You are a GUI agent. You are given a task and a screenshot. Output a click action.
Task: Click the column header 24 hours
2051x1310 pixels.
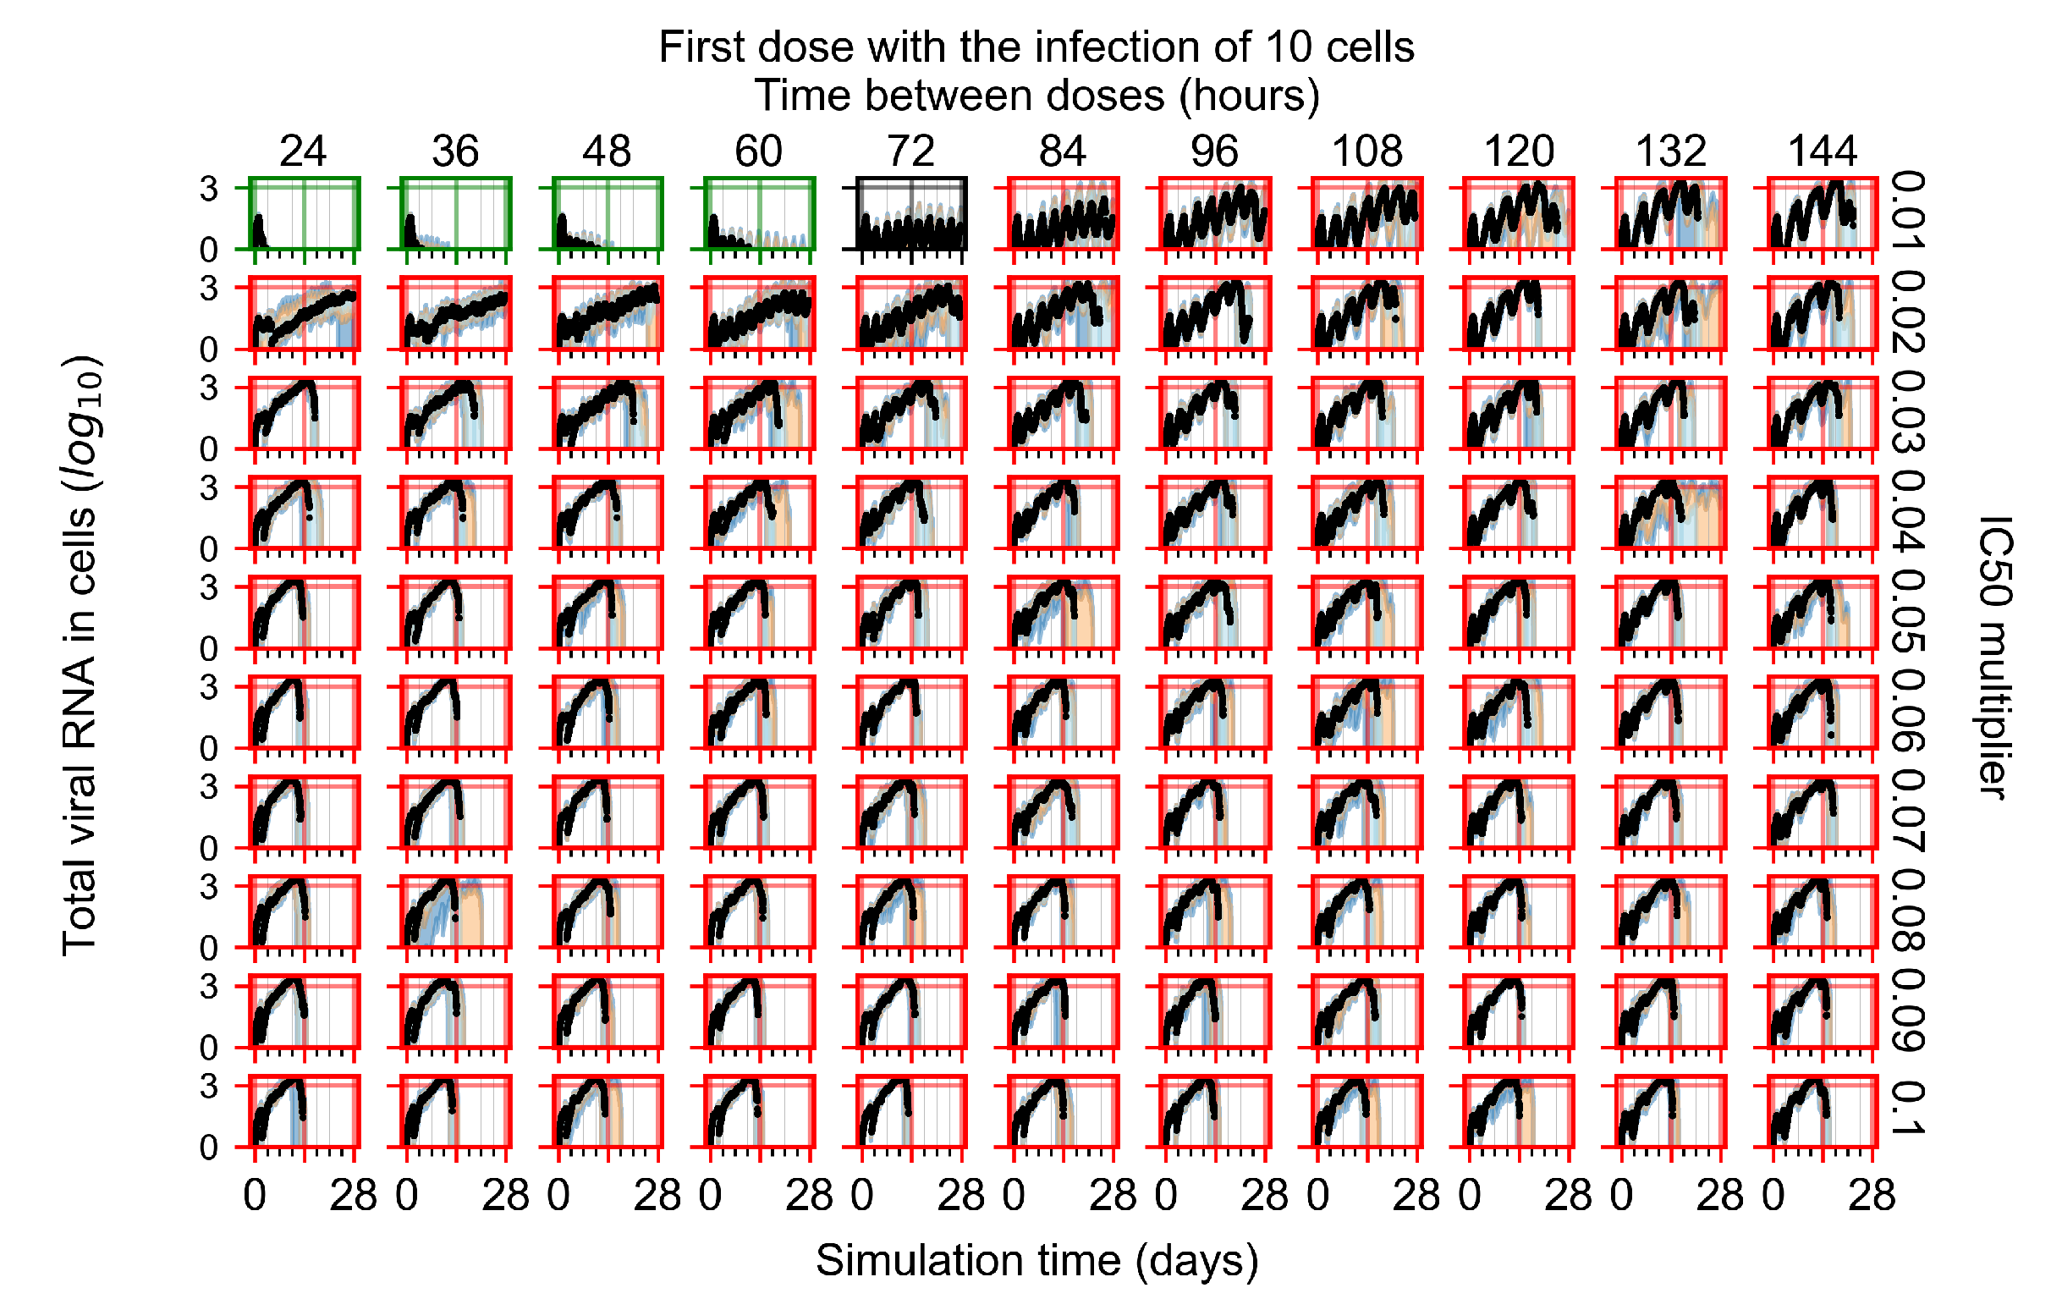[x=302, y=151]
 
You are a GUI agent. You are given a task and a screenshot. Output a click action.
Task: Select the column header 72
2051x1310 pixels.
[x=910, y=151]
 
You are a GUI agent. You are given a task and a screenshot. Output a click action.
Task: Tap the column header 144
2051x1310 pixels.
[x=1822, y=151]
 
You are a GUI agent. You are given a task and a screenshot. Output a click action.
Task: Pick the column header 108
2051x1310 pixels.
[x=1366, y=151]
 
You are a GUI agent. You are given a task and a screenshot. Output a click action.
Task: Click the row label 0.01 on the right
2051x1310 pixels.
[x=1908, y=211]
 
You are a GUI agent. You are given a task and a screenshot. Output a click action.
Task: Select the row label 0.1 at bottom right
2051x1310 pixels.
[x=1908, y=1108]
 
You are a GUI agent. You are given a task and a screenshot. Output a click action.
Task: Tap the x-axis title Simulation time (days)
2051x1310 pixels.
[x=1036, y=1261]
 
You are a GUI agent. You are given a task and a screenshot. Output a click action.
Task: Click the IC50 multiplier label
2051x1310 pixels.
[x=1993, y=656]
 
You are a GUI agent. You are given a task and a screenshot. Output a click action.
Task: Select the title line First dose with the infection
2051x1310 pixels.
[x=1036, y=47]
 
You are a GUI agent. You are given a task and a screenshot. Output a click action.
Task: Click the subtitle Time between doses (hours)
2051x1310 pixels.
[x=1036, y=96]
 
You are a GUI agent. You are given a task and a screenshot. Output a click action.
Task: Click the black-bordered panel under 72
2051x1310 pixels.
[x=910, y=214]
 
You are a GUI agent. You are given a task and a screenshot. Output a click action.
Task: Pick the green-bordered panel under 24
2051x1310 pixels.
[x=304, y=214]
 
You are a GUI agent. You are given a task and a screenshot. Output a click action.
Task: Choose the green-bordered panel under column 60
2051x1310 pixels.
[x=760, y=214]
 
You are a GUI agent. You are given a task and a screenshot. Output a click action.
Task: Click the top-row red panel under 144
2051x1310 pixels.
[x=1822, y=214]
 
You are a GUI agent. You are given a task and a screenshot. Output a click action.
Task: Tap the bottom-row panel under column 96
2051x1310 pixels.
[x=1214, y=1111]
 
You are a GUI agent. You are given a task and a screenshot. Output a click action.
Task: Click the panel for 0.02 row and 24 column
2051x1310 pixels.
[x=304, y=313]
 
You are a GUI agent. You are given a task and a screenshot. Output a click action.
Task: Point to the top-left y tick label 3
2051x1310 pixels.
[x=209, y=189]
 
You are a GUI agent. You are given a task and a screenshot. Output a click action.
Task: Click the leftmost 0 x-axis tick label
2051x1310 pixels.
[x=255, y=1196]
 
